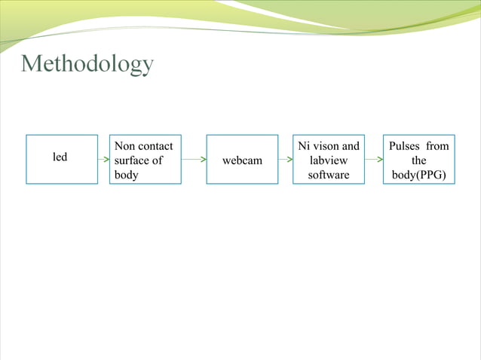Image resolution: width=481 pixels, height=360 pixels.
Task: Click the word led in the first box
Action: click(60, 157)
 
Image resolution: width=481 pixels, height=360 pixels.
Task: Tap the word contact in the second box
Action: click(156, 145)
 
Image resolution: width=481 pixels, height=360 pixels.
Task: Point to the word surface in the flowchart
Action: click(132, 160)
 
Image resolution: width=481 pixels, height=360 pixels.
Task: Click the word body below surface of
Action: click(126, 175)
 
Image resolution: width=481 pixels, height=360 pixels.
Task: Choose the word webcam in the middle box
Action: click(242, 160)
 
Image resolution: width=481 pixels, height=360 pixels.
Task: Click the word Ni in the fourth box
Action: click(305, 145)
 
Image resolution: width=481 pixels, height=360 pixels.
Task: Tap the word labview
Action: click(329, 160)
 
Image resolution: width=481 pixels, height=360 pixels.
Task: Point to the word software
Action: click(329, 175)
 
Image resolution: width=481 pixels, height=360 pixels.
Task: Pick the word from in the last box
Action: click(437, 145)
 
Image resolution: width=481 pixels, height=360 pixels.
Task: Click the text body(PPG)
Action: click(419, 175)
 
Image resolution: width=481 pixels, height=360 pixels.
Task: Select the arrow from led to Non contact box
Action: click(103, 160)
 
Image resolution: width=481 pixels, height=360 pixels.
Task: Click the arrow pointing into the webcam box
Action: click(194, 160)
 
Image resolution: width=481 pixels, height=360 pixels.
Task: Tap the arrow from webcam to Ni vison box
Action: click(286, 160)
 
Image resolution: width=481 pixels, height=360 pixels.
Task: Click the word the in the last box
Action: click(419, 160)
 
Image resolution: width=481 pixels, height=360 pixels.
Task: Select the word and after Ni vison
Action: click(351, 145)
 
